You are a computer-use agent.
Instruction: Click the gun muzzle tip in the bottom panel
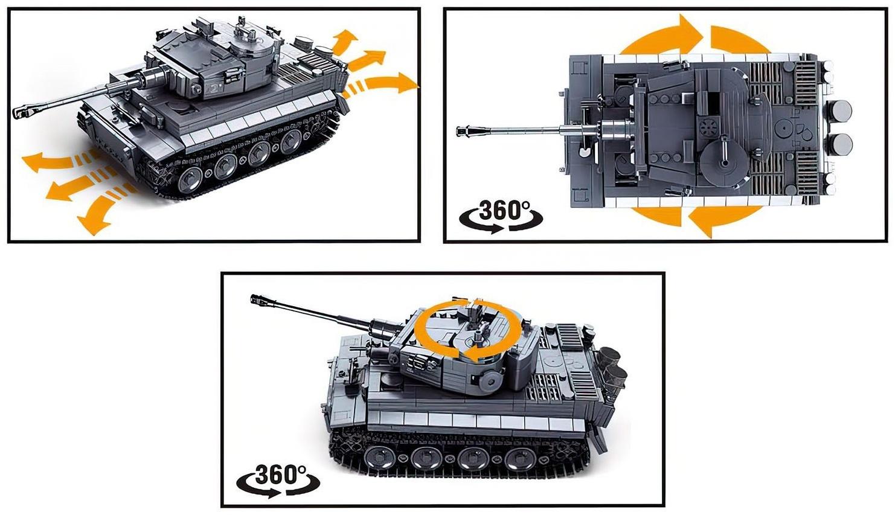255,298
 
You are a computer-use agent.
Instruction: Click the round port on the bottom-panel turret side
493,380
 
